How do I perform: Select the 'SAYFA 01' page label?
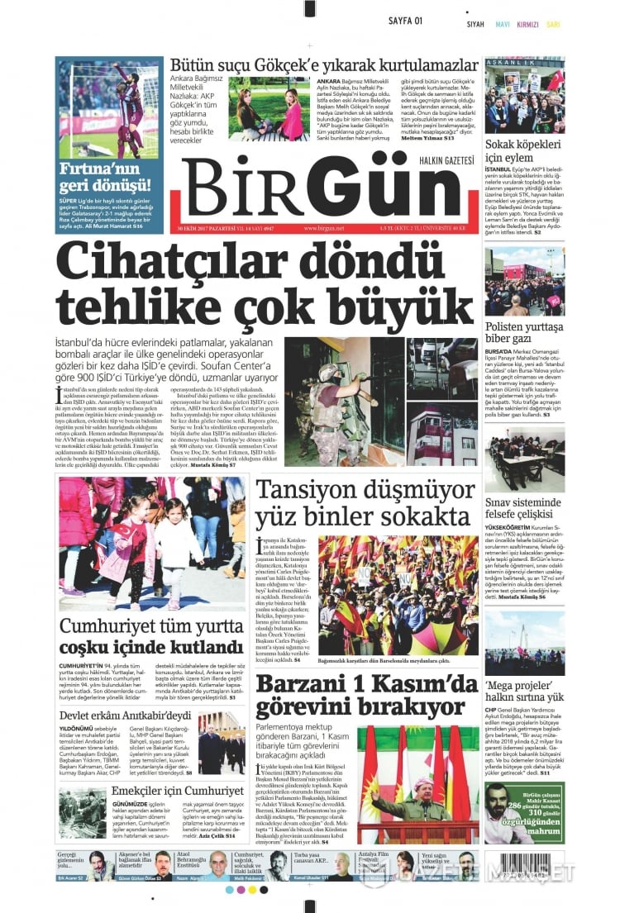pyautogui.click(x=407, y=20)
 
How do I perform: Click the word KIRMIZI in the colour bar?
pyautogui.click(x=527, y=25)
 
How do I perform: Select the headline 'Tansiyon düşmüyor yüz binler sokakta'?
pyautogui.click(x=364, y=503)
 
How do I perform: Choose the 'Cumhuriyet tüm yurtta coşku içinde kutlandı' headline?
pyautogui.click(x=151, y=636)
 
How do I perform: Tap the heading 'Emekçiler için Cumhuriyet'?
pyautogui.click(x=166, y=790)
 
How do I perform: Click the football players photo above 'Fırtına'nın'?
pyautogui.click(x=109, y=107)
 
